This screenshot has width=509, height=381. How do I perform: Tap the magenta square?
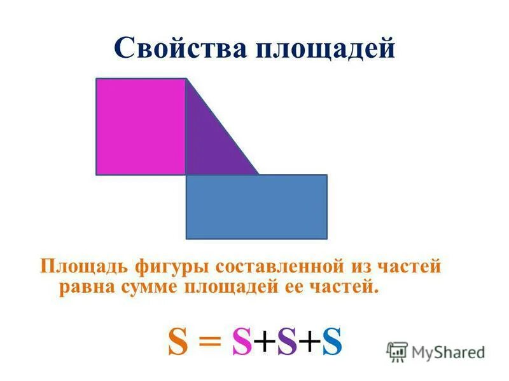(141, 126)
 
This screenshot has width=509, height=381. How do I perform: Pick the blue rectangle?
(256, 206)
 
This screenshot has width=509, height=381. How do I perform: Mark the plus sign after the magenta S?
(264, 343)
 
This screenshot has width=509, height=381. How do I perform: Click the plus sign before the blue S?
(309, 343)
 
